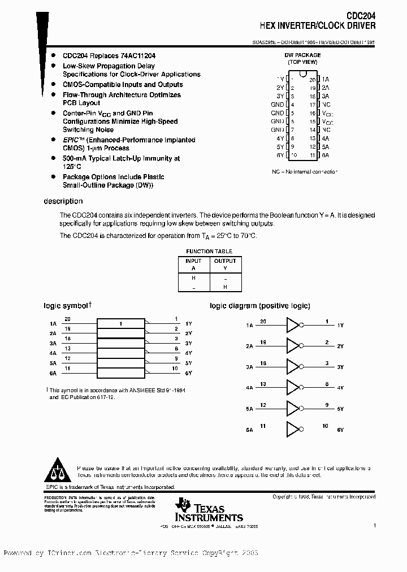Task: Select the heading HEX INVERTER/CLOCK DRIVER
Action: point(317,26)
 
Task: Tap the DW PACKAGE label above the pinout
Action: point(302,55)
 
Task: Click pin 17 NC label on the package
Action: point(326,105)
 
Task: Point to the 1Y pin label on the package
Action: point(280,79)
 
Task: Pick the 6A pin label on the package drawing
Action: point(326,155)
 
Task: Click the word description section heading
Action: point(63,201)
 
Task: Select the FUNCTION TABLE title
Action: point(209,252)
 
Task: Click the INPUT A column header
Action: point(193,265)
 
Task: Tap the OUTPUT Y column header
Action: point(225,265)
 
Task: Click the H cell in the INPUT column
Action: point(193,278)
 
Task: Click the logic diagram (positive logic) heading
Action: point(260,306)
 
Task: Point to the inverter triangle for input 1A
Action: point(293,326)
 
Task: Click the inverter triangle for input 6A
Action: point(293,430)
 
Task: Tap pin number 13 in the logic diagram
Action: point(263,384)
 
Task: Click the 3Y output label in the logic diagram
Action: point(340,367)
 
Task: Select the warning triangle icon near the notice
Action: point(55,471)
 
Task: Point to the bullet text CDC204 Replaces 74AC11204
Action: point(109,56)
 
